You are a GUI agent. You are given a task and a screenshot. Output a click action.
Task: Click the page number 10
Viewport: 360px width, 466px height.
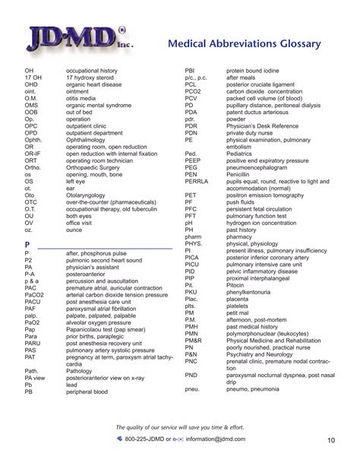coord(332,439)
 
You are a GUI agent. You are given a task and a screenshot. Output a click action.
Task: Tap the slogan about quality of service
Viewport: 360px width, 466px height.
coord(179,426)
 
